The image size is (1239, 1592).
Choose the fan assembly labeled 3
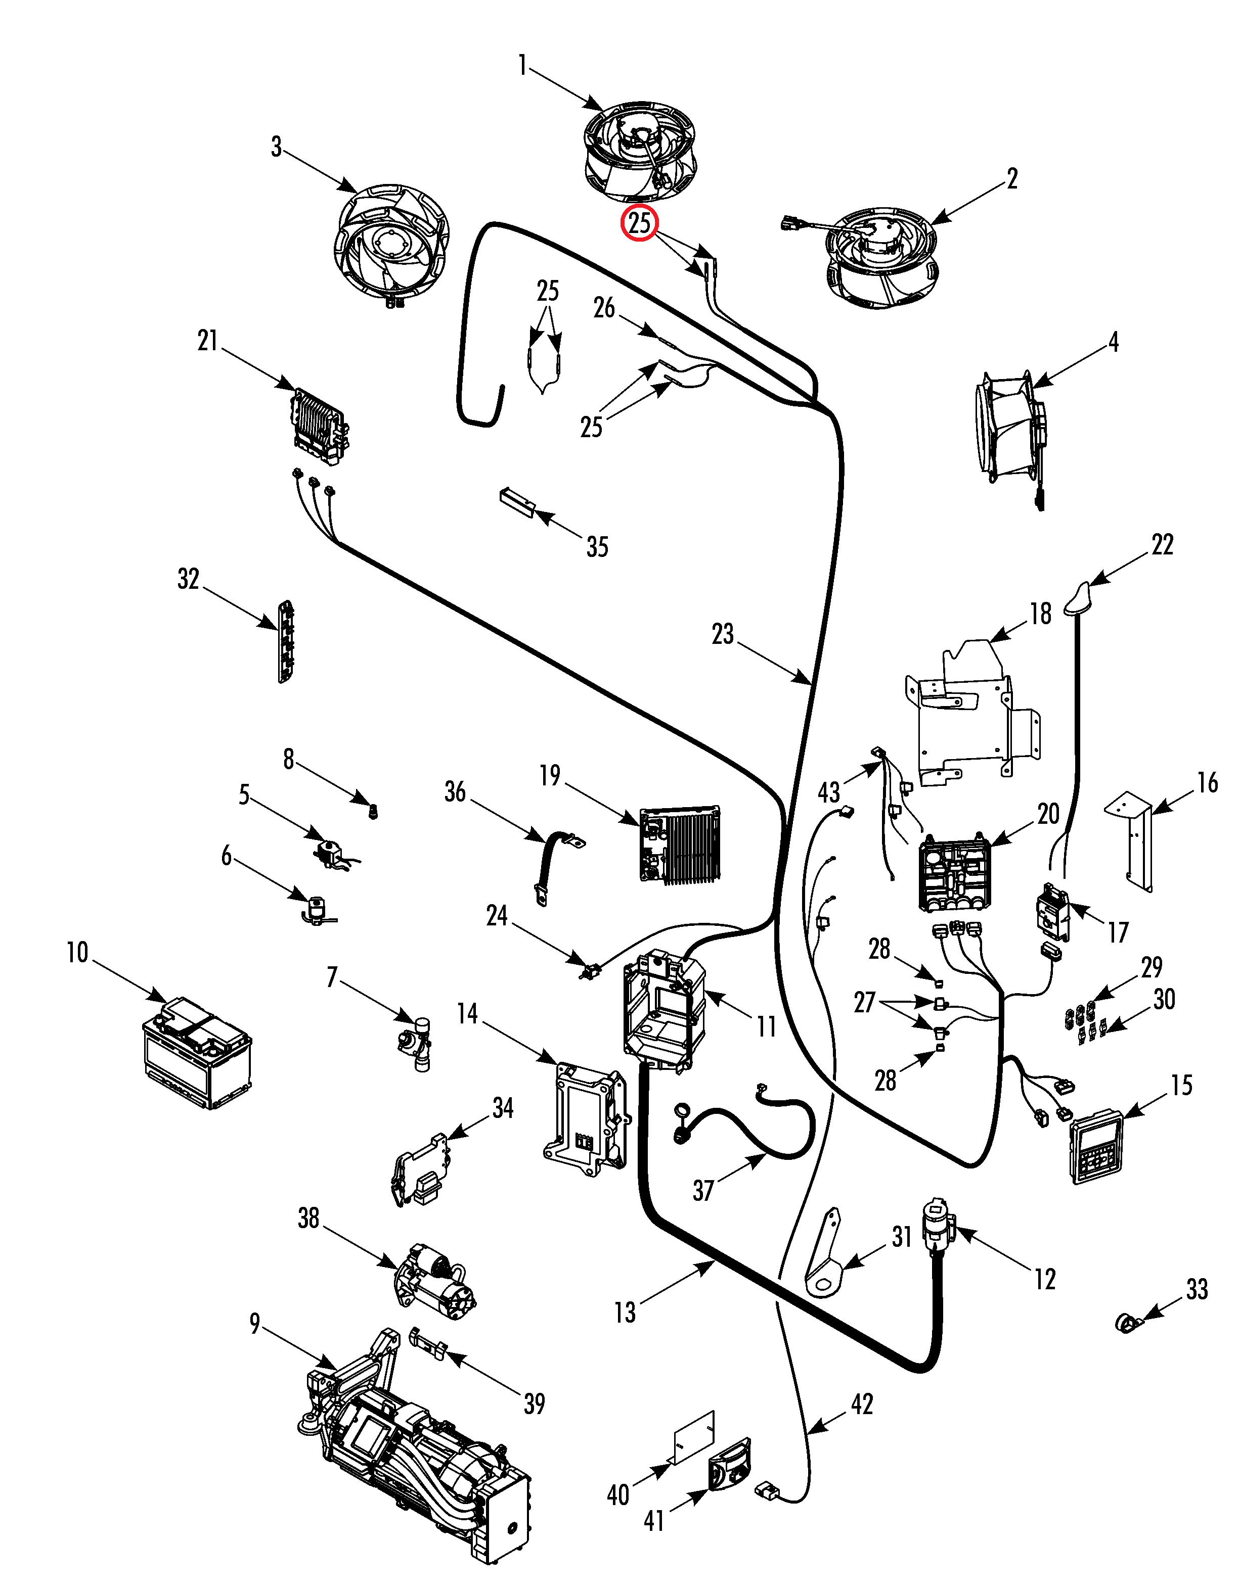click(x=391, y=244)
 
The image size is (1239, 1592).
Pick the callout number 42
click(x=862, y=1404)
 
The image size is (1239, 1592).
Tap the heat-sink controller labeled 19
click(x=680, y=844)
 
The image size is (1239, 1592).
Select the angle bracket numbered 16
click(x=1134, y=838)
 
